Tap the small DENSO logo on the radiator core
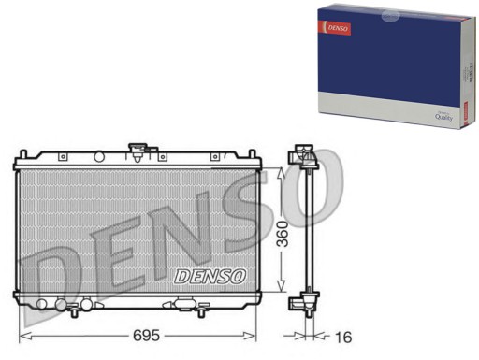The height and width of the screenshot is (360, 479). tap(210, 277)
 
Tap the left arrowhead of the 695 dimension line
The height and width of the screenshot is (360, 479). tap(24, 334)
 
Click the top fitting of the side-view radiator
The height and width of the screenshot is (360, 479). tap(303, 157)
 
